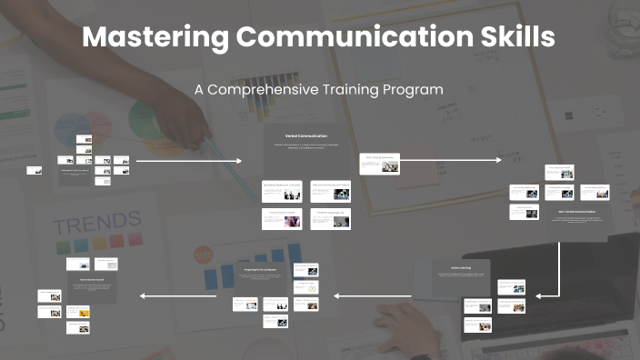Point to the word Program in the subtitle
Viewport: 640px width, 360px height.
414,90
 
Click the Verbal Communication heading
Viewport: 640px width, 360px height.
305,135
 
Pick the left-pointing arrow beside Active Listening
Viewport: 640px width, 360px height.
373,295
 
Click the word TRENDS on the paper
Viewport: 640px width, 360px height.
96,222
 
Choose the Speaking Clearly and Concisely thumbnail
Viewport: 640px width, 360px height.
281,190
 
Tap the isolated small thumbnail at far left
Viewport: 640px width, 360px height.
33,169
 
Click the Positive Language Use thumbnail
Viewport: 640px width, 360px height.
330,218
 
